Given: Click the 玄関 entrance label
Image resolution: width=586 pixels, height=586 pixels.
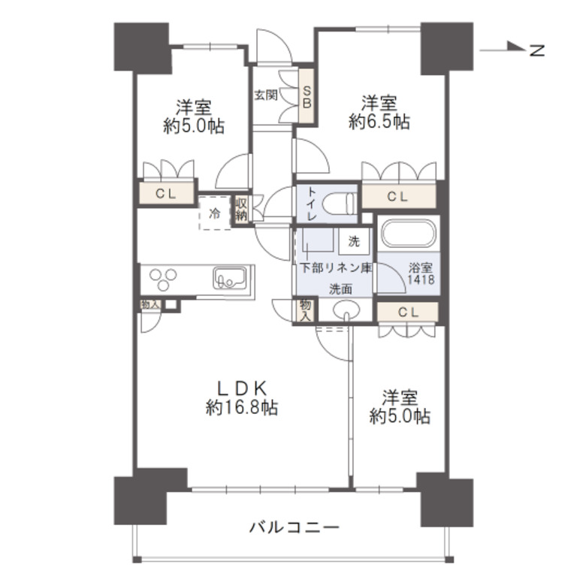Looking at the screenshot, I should click(x=265, y=95).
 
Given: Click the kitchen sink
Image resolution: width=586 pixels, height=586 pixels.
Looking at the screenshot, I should click(x=228, y=279).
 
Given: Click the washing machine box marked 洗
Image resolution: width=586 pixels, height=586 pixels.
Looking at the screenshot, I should click(x=354, y=242).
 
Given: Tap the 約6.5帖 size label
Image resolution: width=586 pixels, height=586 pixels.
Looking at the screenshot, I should click(x=379, y=122).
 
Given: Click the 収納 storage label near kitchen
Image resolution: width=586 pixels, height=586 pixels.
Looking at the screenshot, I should click(x=240, y=209).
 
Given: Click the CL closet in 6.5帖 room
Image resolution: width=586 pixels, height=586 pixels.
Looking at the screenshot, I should click(x=398, y=197).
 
